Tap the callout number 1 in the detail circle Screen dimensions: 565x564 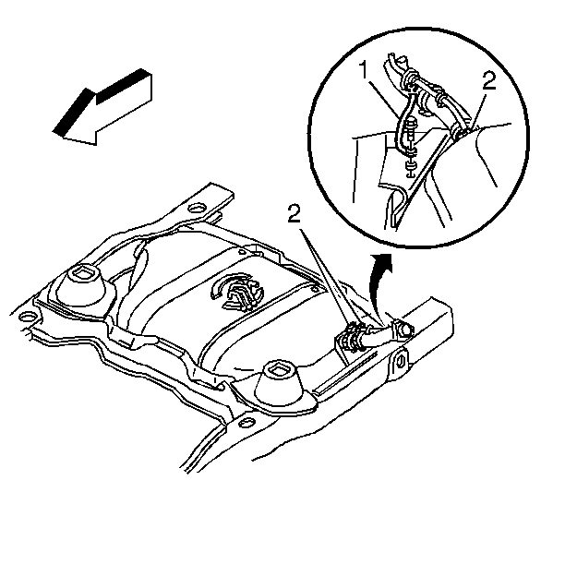pyautogui.click(x=365, y=70)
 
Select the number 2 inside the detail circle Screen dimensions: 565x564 pyautogui.click(x=489, y=81)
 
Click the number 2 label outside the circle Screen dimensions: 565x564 pyautogui.click(x=294, y=214)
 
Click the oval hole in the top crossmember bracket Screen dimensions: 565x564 pyautogui.click(x=197, y=208)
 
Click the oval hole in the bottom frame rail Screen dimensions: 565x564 pyautogui.click(x=247, y=422)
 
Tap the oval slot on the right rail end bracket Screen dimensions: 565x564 pyautogui.click(x=401, y=361)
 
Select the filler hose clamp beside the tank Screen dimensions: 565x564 pyautogui.click(x=353, y=337)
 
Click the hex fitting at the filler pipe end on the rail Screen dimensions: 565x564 pyautogui.click(x=403, y=329)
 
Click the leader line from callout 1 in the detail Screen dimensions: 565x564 pyautogui.click(x=385, y=99)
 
